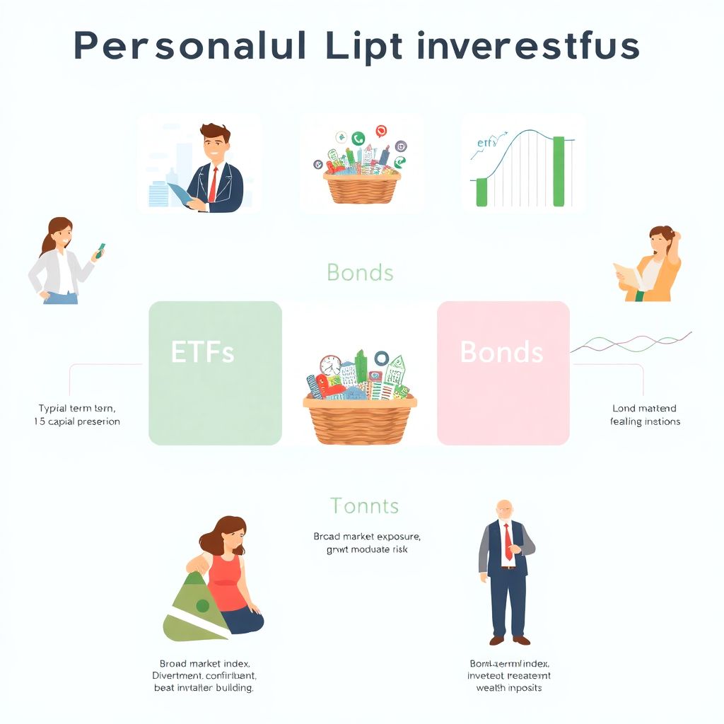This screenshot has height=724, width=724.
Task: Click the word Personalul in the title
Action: click(190, 47)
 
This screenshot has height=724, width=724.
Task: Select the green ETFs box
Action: click(215, 373)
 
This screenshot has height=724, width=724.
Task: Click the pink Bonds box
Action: click(503, 373)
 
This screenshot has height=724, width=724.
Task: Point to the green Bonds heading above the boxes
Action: click(361, 272)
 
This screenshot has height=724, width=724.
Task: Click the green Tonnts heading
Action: click(364, 506)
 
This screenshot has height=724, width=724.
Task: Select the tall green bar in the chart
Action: click(559, 171)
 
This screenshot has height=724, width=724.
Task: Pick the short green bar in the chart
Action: click(481, 192)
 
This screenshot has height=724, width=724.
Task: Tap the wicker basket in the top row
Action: click(361, 186)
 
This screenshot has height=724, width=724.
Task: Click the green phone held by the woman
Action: click(102, 249)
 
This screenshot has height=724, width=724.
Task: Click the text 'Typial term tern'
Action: click(77, 408)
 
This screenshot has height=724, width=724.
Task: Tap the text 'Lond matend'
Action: click(643, 408)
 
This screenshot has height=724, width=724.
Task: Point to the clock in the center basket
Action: click(329, 365)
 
